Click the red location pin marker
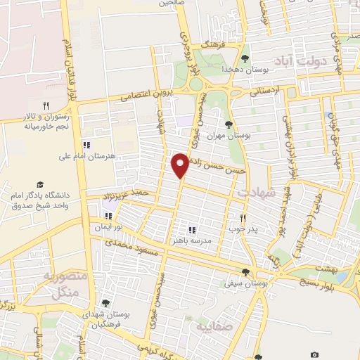(181, 164)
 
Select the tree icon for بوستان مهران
(229, 125)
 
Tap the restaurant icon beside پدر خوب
(243, 218)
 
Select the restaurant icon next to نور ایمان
(108, 217)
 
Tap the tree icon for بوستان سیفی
(245, 272)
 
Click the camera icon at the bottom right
(315, 354)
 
